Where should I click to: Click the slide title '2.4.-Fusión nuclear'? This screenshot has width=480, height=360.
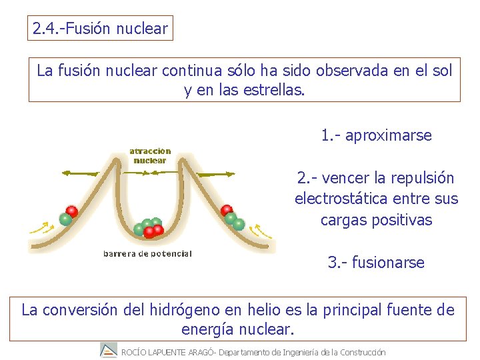pos(101,29)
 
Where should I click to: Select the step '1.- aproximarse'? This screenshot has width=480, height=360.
pos(376,136)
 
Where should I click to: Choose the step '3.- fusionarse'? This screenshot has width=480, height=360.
pos(376,263)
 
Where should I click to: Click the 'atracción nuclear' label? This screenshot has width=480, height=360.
pos(150,155)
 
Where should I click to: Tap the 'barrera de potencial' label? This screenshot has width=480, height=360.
pos(147,253)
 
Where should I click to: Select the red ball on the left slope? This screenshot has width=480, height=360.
pos(71,211)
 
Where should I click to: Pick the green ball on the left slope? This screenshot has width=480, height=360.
pos(65,219)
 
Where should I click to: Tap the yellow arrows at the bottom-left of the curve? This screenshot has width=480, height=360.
pos(41,229)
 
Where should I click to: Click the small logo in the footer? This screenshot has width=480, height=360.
pos(108,350)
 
